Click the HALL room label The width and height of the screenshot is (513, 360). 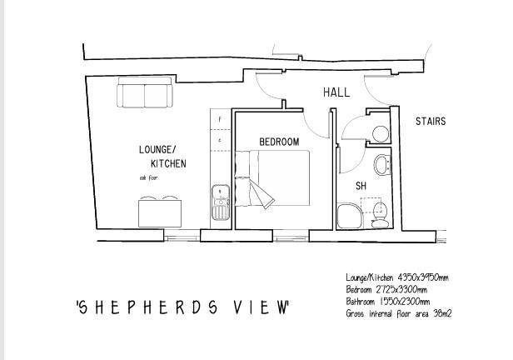click(336, 93)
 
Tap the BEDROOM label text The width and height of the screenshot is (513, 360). click(278, 142)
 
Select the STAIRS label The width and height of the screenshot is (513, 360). click(431, 122)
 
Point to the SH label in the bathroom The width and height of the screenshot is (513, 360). click(361, 185)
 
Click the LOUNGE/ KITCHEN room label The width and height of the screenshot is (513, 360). click(162, 157)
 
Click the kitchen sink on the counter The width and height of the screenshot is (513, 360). click(221, 202)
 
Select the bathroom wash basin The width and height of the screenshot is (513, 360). click(382, 164)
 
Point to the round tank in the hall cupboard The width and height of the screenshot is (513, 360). click(380, 133)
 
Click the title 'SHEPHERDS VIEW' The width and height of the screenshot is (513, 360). click(182, 307)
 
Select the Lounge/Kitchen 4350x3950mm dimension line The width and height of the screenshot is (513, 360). click(397, 277)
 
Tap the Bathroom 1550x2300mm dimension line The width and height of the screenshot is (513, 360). click(388, 302)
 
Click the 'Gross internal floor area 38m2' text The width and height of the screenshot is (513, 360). click(399, 314)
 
